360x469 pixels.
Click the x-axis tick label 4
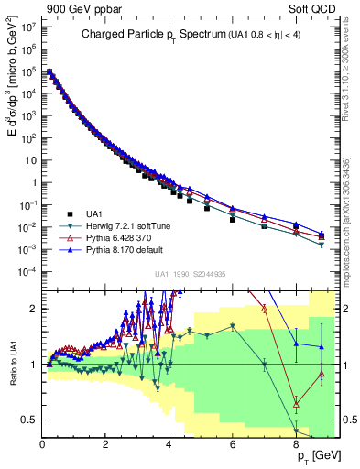tap(169, 443)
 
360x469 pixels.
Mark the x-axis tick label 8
tap(296, 443)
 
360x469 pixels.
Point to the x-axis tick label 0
tap(43, 443)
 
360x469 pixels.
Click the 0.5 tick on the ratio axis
tap(32, 420)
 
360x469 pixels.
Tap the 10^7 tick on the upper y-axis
tap(30, 27)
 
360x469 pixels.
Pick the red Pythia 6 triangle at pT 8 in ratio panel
tap(296, 403)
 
